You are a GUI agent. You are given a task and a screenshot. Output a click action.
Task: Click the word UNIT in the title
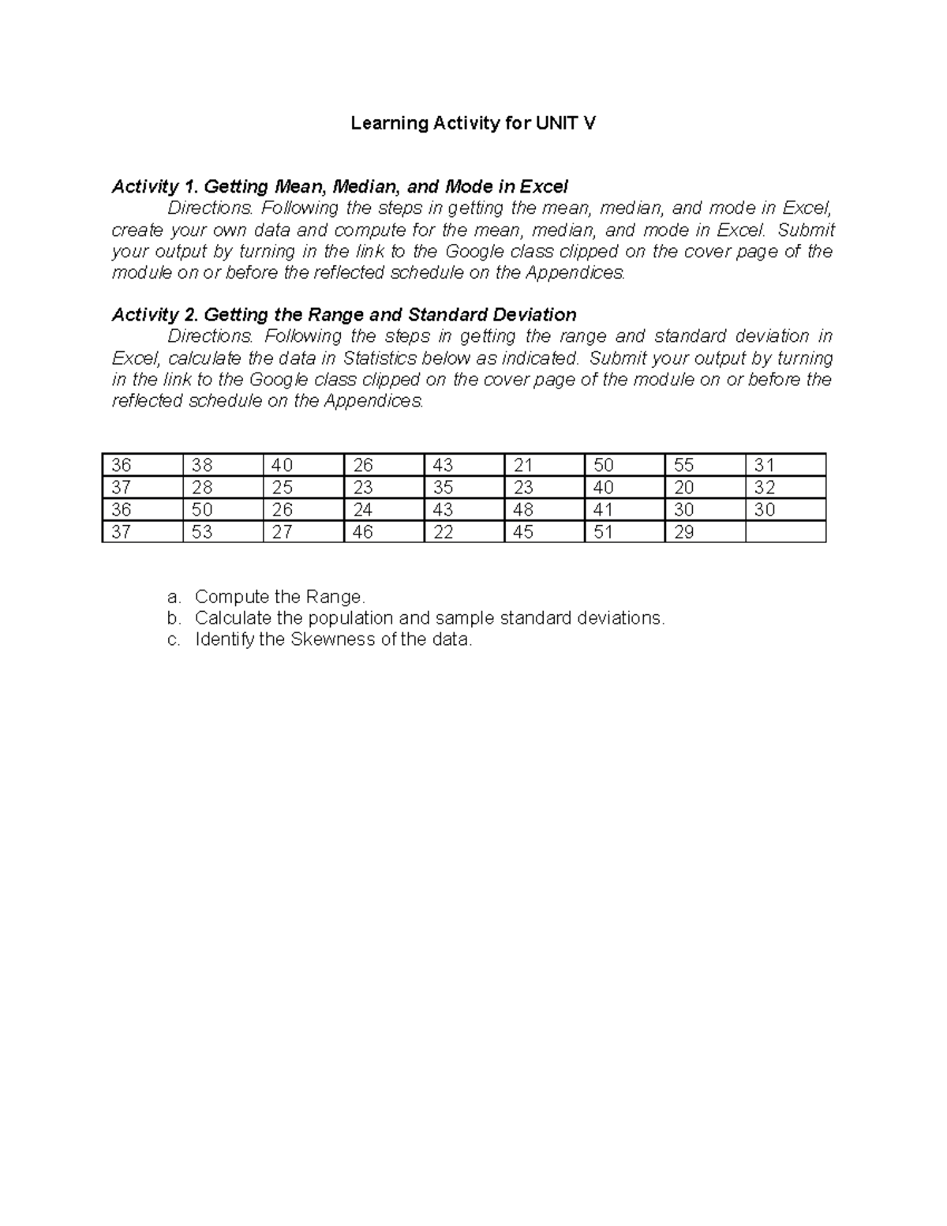point(556,123)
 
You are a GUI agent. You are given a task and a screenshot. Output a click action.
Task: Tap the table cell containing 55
point(705,465)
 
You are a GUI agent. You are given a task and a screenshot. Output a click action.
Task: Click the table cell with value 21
point(544,465)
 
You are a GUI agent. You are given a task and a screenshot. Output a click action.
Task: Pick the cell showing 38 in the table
point(222,465)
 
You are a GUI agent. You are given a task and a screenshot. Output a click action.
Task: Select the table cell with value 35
point(463,487)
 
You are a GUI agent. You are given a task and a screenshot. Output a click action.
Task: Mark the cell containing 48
point(544,509)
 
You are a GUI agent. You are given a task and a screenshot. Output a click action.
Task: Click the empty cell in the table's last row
point(785,532)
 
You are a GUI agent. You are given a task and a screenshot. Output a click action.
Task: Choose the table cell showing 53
point(222,532)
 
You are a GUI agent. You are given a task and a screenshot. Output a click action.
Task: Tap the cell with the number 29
point(705,532)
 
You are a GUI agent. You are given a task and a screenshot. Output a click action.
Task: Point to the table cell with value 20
point(705,487)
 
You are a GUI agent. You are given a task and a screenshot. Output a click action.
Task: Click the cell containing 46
point(383,532)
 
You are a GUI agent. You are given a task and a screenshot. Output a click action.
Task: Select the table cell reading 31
point(785,465)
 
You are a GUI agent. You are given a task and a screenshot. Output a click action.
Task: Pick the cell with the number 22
point(463,532)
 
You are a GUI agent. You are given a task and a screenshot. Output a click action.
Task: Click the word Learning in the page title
point(389,123)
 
